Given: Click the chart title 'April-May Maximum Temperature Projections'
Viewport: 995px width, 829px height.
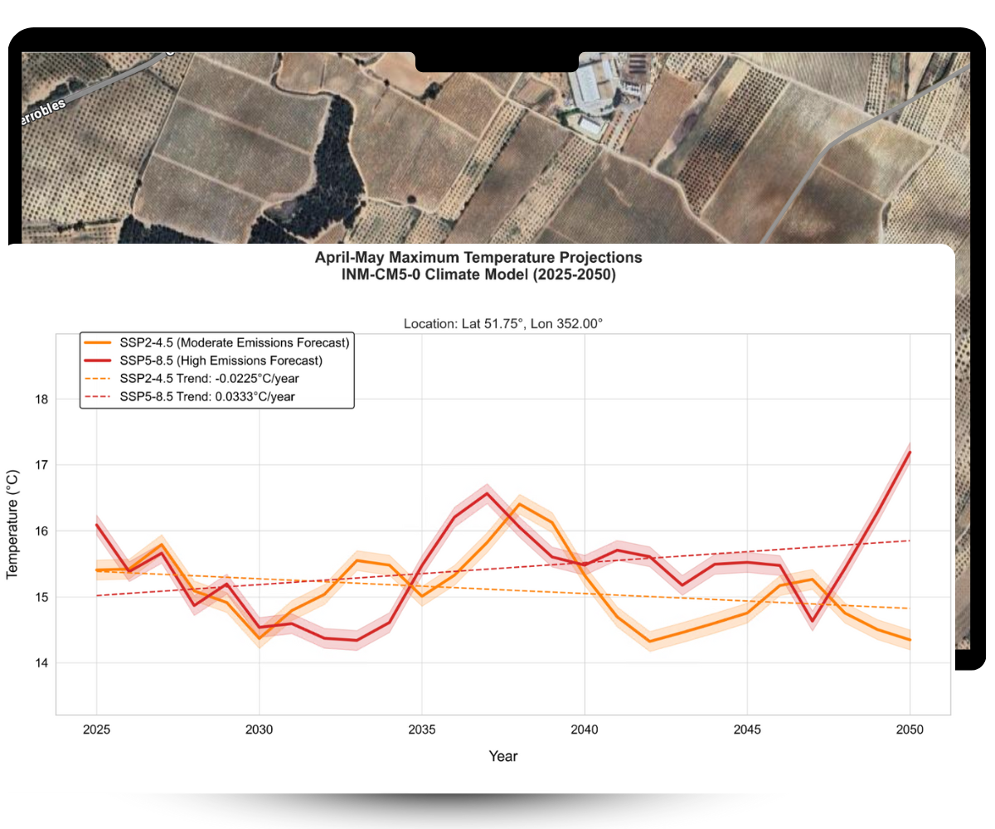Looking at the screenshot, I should click(478, 258).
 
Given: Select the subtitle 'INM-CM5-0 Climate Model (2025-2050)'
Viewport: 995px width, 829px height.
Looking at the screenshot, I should click(478, 275).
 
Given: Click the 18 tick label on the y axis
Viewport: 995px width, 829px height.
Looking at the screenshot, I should click(41, 400).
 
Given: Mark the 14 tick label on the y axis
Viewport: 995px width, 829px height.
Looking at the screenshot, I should click(41, 663).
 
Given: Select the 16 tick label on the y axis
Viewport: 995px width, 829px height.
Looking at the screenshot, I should click(41, 531).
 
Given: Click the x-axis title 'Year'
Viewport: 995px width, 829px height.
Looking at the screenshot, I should click(503, 756).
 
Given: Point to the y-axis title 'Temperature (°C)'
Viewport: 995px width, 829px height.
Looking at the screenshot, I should click(13, 524).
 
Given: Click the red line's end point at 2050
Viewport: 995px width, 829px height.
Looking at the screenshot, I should click(910, 452).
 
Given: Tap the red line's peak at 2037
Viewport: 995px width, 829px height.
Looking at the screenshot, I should click(487, 493).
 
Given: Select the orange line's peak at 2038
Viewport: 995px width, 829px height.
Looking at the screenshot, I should click(520, 504).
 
